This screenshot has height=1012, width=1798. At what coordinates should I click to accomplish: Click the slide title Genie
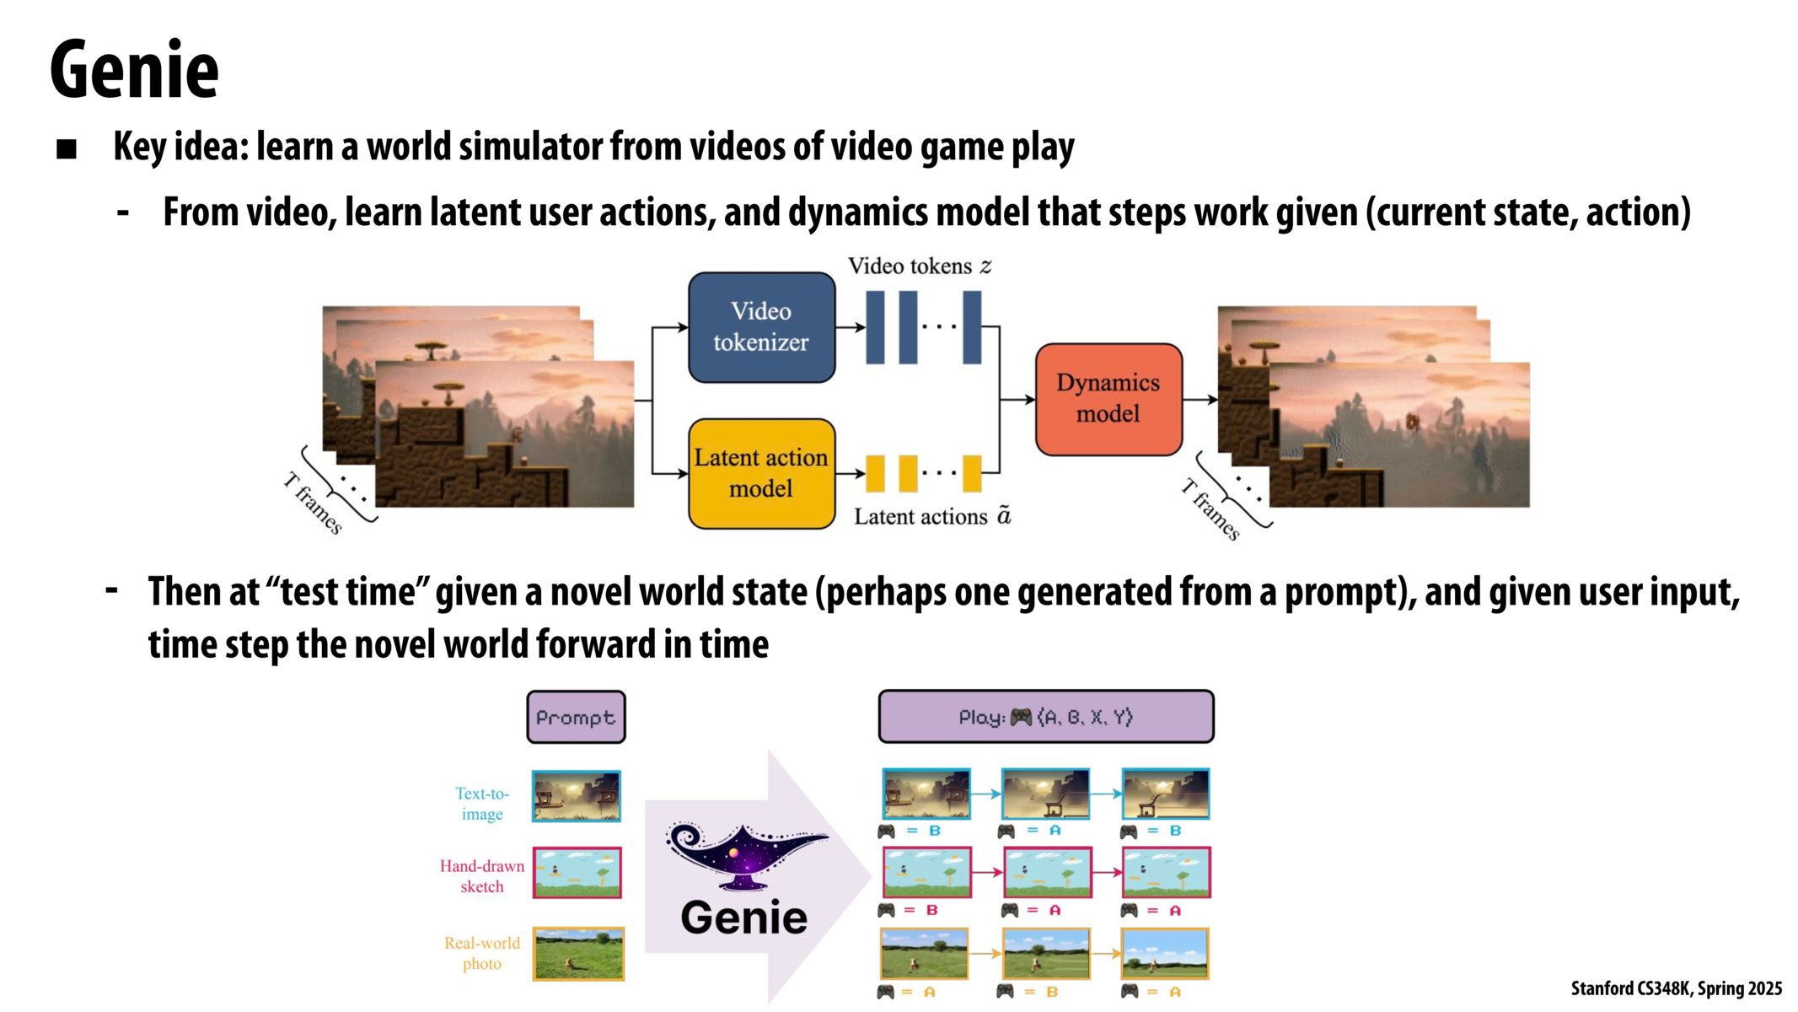click(134, 70)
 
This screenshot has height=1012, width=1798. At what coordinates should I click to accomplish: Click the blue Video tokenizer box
click(761, 327)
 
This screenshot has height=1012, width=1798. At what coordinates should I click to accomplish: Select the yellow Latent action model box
click(761, 473)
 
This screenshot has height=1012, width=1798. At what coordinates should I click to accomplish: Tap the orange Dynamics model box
click(1108, 399)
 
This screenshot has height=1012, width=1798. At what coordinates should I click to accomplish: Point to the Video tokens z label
click(919, 266)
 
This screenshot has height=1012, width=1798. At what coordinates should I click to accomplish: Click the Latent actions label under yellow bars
click(931, 516)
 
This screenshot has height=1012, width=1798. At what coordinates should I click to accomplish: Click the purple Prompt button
click(576, 718)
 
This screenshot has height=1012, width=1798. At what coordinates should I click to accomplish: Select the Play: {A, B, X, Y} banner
click(1045, 717)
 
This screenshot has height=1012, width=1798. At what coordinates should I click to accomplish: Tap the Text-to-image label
click(482, 804)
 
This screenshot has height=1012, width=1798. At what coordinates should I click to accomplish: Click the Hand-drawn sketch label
click(481, 876)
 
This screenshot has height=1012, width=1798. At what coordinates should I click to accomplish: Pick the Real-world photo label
click(482, 953)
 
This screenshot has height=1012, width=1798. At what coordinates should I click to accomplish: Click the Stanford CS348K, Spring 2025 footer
click(1676, 988)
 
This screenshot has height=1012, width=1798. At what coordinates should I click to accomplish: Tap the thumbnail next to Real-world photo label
click(578, 954)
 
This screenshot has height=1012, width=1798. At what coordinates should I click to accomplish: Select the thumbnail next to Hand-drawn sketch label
click(577, 873)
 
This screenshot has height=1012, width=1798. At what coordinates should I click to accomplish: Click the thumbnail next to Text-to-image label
click(577, 796)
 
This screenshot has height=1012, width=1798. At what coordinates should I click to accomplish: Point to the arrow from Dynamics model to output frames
click(1200, 400)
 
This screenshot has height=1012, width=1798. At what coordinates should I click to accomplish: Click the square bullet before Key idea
click(67, 150)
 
